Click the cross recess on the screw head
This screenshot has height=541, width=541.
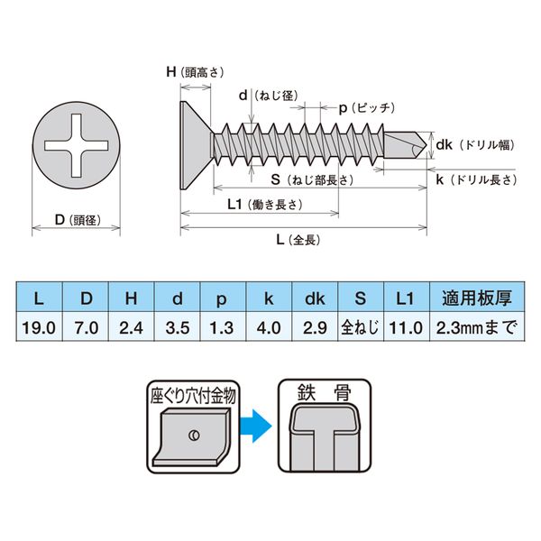pos(76,143)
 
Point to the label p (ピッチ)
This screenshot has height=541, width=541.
pos(366,107)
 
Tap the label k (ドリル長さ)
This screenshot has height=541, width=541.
pos(478,180)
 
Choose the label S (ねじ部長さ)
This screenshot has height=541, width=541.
pos(302,179)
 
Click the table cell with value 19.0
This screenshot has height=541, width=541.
pos(38,327)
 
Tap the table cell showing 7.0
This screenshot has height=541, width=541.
pos(87,327)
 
